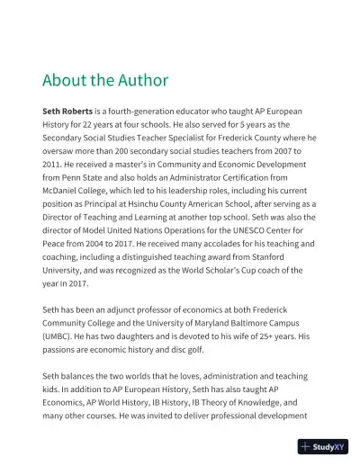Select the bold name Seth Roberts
[69, 110]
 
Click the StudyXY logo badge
[324, 446]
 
